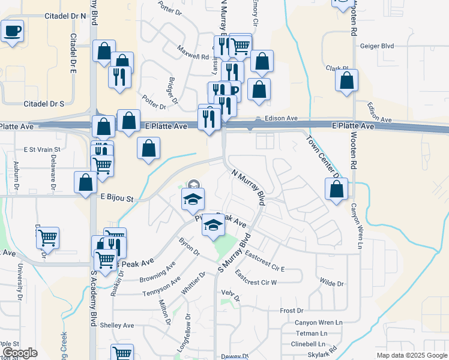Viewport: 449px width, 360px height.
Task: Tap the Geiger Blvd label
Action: pos(377,46)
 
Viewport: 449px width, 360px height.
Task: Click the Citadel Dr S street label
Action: pos(44,104)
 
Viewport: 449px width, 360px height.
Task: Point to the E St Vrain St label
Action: pos(42,149)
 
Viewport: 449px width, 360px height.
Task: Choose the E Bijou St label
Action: pos(116,197)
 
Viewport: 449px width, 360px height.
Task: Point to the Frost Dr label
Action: pos(292,310)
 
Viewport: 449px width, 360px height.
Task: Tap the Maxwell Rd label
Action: pos(193,53)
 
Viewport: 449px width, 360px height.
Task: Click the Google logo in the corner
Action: pos(19,353)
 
